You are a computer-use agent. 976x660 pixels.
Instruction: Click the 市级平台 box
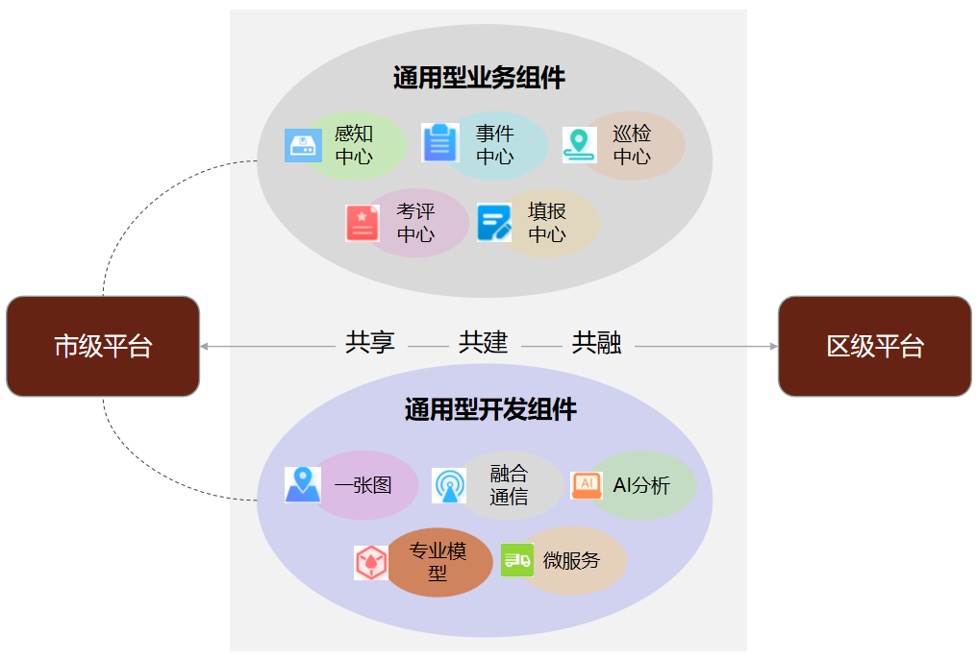point(103,346)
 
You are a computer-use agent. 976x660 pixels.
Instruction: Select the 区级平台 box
point(874,346)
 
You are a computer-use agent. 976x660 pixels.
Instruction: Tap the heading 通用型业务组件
point(479,78)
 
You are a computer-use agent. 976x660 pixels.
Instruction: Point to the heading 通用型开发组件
point(490,410)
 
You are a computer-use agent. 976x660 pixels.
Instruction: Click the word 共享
point(370,343)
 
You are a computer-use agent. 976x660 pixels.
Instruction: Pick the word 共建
point(483,343)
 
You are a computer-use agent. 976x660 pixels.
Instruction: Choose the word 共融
point(596,343)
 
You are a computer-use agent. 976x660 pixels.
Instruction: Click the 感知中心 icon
point(303,146)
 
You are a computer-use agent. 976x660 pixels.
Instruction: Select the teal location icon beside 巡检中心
point(579,145)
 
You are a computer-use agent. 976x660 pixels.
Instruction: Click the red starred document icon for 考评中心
point(363,223)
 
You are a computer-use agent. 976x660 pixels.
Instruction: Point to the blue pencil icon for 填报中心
point(494,223)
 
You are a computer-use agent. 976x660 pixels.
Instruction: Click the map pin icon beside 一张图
point(303,484)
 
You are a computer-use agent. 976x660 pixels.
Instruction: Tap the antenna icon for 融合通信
point(449,486)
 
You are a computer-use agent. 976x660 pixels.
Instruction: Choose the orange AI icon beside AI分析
point(587,484)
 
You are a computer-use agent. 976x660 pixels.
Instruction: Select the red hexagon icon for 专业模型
point(371,562)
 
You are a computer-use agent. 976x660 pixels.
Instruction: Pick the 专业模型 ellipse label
point(438,562)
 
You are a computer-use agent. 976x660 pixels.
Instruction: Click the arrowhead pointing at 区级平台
point(773,346)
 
